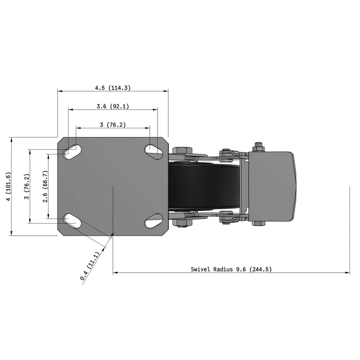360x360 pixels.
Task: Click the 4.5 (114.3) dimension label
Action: click(x=112, y=88)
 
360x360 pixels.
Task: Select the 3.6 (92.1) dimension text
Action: click(x=113, y=107)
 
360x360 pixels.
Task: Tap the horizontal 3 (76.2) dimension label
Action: click(x=112, y=125)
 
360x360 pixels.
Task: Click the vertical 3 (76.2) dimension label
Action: click(x=27, y=186)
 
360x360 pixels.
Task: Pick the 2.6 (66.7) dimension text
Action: click(x=45, y=186)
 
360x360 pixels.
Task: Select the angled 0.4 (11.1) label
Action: click(x=92, y=267)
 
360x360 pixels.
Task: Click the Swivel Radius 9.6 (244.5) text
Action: click(x=231, y=269)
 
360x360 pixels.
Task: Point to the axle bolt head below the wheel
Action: click(x=182, y=223)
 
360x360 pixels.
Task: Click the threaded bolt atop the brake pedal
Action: click(x=258, y=146)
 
